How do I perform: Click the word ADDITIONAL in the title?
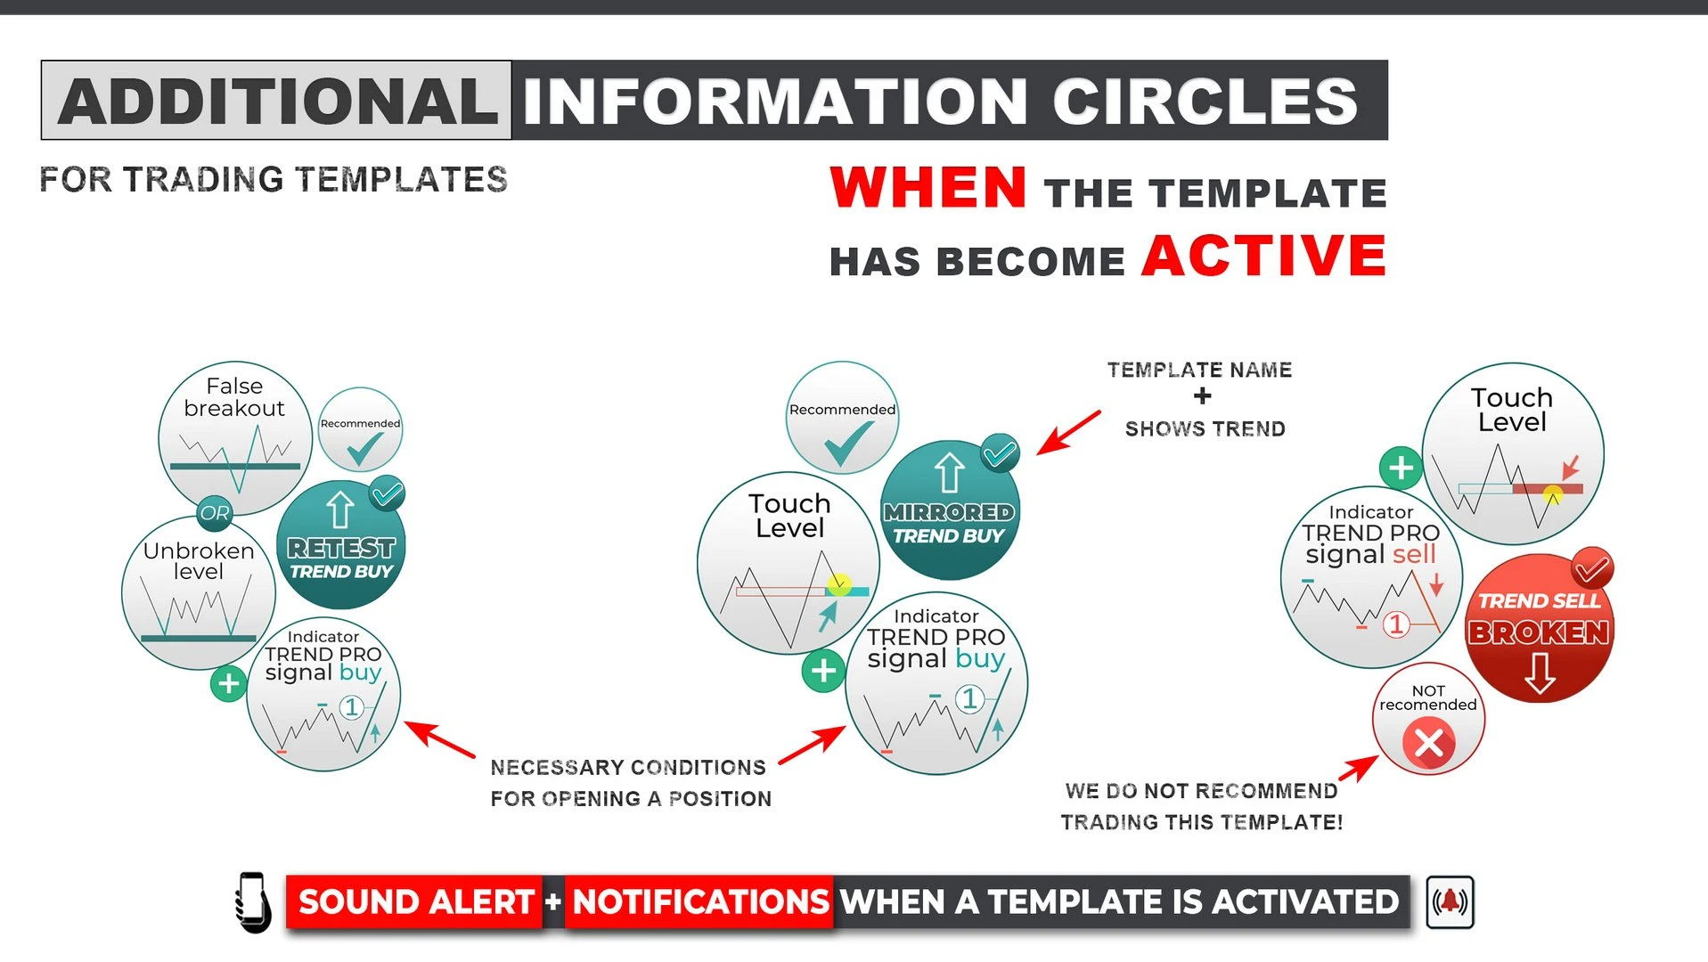277,101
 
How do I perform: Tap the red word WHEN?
928,187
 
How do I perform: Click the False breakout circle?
235,437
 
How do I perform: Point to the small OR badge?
214,513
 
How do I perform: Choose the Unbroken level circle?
198,593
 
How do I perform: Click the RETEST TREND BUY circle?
341,545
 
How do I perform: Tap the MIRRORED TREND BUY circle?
950,510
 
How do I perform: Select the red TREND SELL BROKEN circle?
1540,628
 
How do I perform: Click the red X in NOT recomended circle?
1428,742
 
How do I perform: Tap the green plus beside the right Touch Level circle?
1401,468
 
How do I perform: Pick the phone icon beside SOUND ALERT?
253,902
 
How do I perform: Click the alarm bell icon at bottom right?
1450,902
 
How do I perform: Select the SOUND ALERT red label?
414,902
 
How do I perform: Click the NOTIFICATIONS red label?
700,902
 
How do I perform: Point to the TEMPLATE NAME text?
1199,370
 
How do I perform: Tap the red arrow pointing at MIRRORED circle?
1068,433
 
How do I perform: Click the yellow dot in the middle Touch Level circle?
838,584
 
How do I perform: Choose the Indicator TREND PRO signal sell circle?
1370,577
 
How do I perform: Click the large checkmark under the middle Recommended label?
849,443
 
